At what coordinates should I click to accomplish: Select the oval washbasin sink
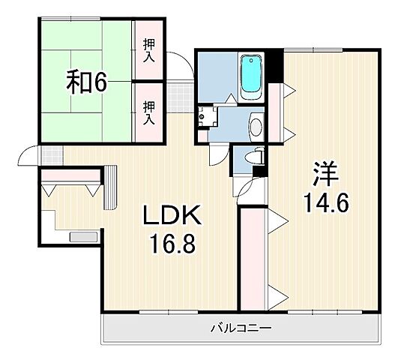tap(255, 126)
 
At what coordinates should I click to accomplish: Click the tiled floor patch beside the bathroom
tap(178, 94)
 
